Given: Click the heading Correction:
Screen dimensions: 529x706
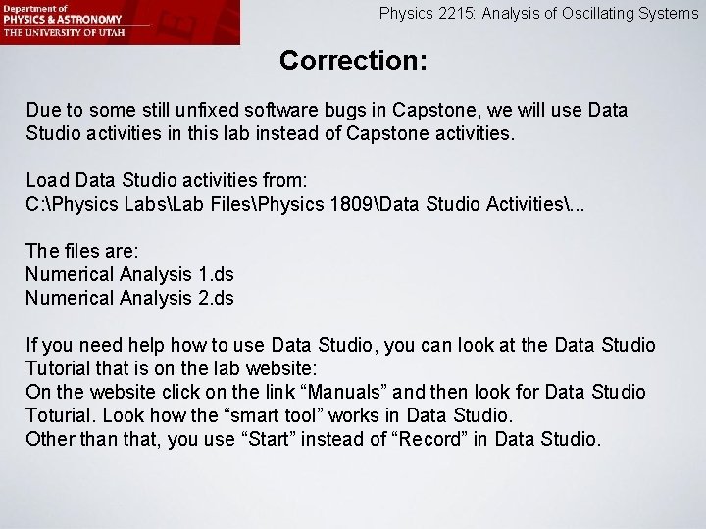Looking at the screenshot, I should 353,60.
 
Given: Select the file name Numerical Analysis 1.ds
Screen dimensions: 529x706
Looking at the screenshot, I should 129,274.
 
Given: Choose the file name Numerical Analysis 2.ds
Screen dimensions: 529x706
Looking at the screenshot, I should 129,298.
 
